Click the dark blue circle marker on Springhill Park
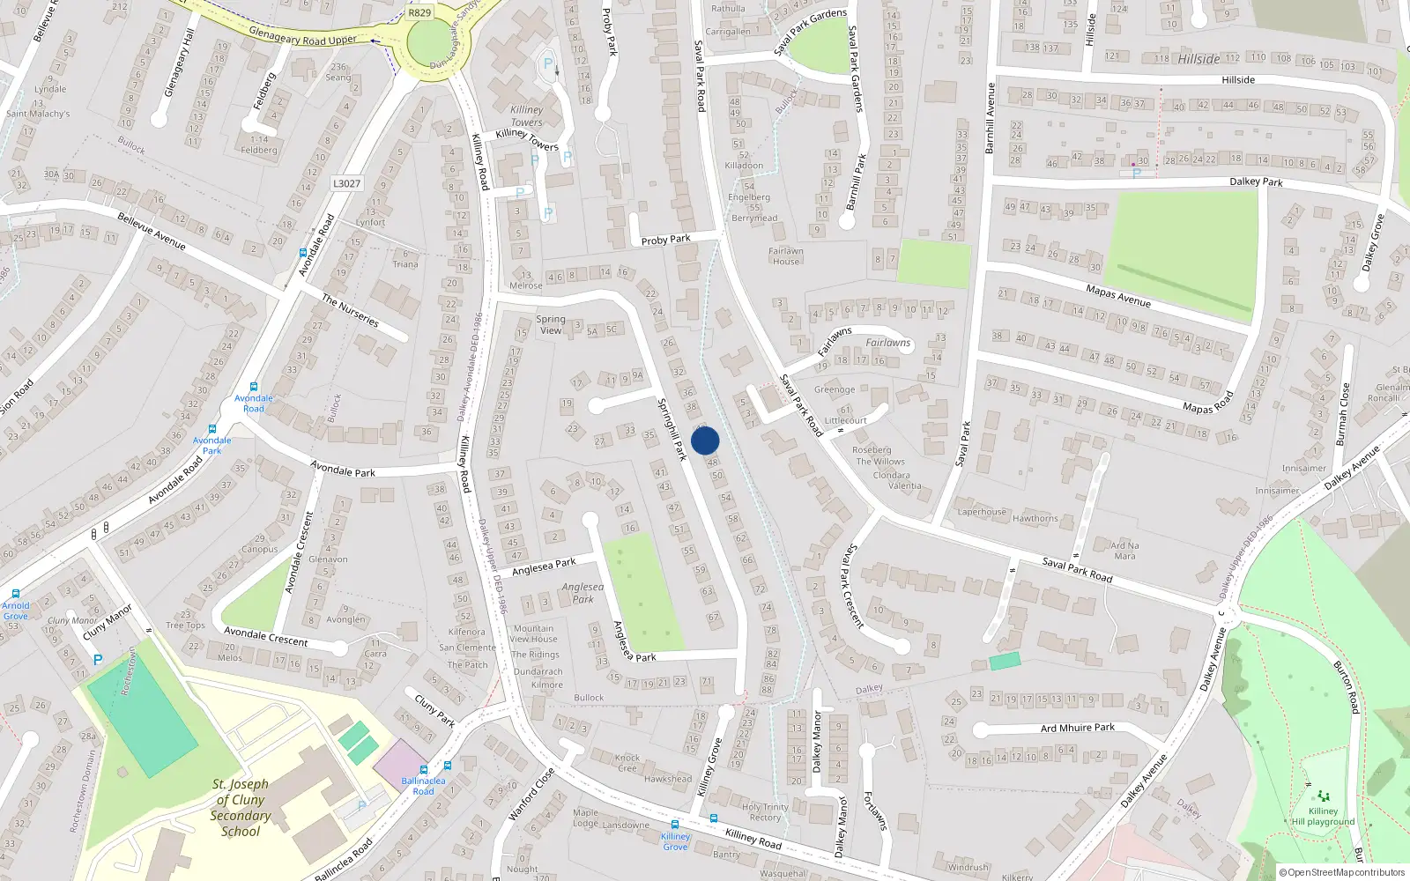(x=705, y=440)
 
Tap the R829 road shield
(x=419, y=12)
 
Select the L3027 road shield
(x=346, y=183)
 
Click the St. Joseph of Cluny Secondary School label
(x=241, y=807)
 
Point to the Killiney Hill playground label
(x=1323, y=817)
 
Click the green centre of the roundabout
(x=429, y=41)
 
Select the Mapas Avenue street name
(x=1118, y=296)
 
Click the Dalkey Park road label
(x=1256, y=181)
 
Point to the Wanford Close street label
(x=531, y=794)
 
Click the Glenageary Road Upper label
(x=302, y=36)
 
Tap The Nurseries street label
(x=350, y=310)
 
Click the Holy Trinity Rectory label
(x=765, y=811)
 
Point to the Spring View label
(x=551, y=324)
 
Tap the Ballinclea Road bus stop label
(x=423, y=786)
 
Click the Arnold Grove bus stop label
(x=15, y=611)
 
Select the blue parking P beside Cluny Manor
(x=98, y=660)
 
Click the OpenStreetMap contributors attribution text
(x=1341, y=872)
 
